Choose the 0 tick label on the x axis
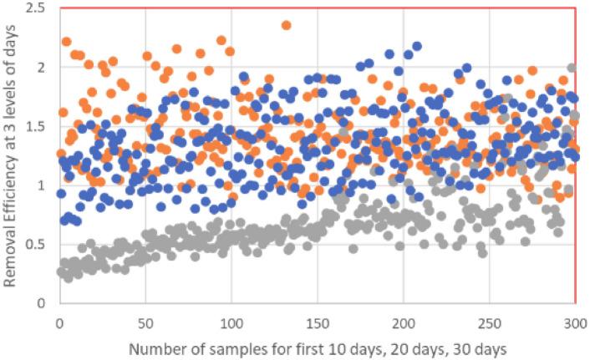(59, 321)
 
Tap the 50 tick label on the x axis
(145, 321)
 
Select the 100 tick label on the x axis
(231, 321)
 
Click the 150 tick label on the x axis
(318, 321)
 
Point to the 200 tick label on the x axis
(404, 321)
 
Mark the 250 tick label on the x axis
(490, 321)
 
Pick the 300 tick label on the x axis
(575, 321)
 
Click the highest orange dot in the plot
(286, 25)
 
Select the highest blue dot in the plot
(417, 46)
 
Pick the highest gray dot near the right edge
(572, 68)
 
